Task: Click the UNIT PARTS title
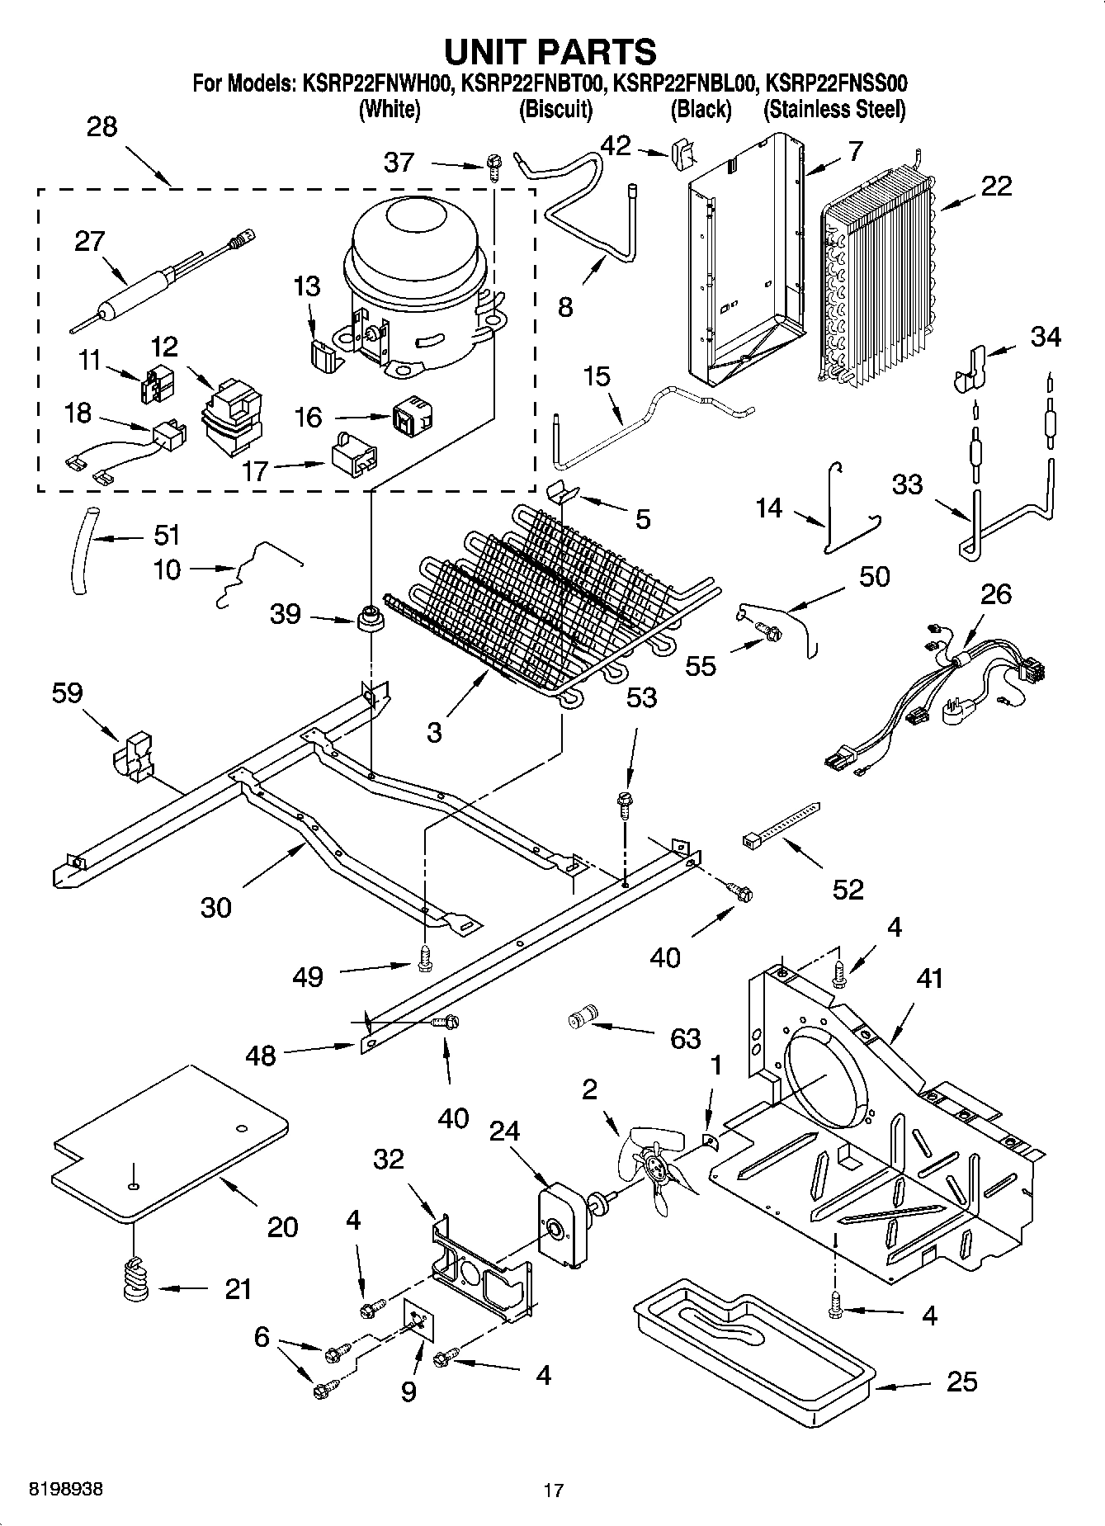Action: click(x=550, y=51)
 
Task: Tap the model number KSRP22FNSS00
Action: click(x=837, y=83)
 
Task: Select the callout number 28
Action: click(x=102, y=127)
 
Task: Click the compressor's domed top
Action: click(x=413, y=227)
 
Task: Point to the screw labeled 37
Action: click(x=493, y=168)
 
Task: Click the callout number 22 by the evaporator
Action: click(x=996, y=187)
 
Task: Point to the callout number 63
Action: click(x=685, y=1037)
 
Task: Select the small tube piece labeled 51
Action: click(x=81, y=550)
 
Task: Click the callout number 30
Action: click(x=215, y=907)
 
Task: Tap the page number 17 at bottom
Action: click(x=553, y=1491)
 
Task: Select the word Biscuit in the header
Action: click(x=555, y=109)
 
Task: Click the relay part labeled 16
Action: click(x=413, y=418)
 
